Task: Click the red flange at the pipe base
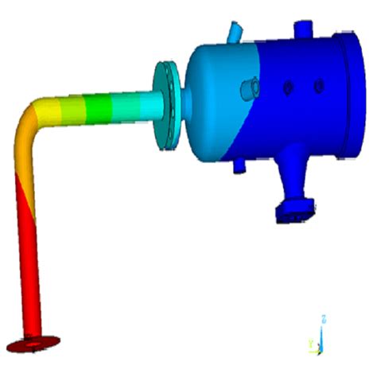(x=32, y=343)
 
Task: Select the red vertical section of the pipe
(x=29, y=262)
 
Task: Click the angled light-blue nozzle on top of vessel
(x=236, y=30)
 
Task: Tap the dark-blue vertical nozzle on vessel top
(x=304, y=29)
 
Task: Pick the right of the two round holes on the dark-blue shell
(x=319, y=84)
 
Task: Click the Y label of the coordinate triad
(x=310, y=344)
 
